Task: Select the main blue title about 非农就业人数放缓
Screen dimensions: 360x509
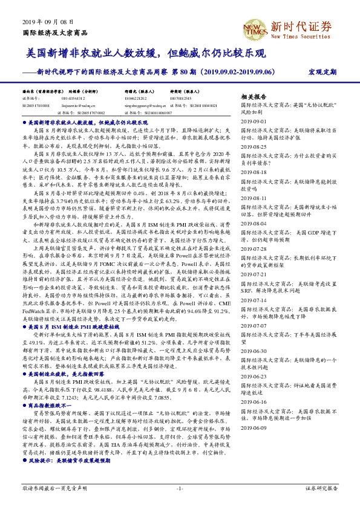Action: coord(146,54)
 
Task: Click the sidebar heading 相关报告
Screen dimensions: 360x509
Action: coord(254,97)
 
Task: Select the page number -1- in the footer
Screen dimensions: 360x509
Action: coord(180,488)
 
